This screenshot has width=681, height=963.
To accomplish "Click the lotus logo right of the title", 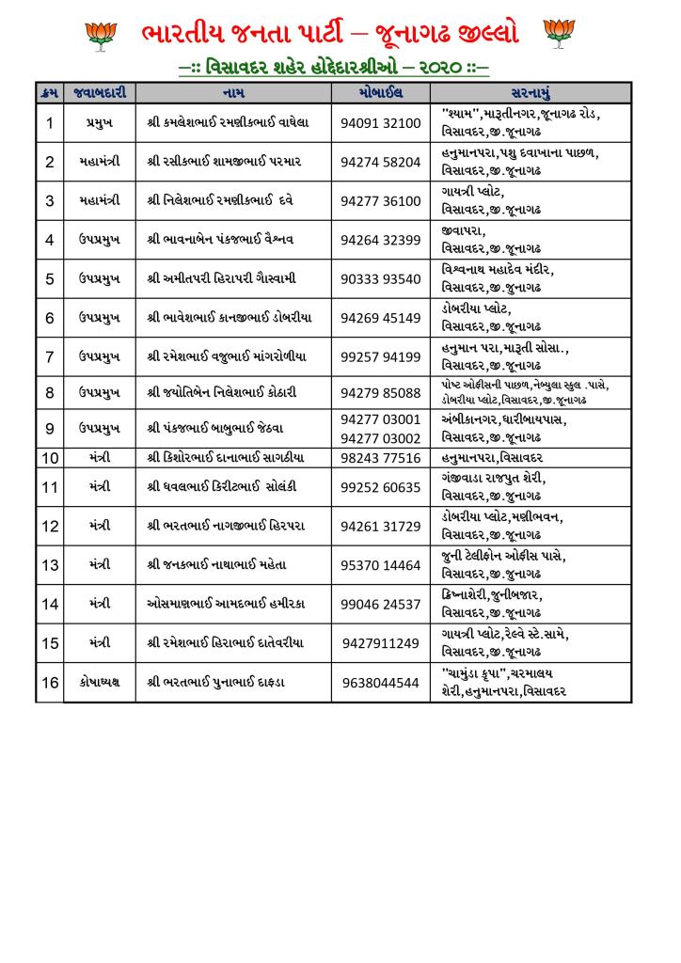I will coord(559,34).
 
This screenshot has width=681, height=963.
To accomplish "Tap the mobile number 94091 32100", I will coord(380,123).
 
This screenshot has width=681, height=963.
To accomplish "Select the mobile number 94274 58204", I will coord(380,162).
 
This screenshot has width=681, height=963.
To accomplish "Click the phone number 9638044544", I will coord(380,683).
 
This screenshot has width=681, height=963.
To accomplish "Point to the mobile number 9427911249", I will coord(380,643).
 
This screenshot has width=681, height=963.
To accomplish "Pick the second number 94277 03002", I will coord(380,437).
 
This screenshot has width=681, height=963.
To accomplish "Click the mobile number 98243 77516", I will coord(380,458).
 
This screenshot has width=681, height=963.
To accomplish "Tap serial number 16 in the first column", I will coord(50,683).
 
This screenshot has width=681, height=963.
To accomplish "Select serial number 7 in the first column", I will coord(50,356).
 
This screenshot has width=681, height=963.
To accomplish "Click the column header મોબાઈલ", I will coord(380,93).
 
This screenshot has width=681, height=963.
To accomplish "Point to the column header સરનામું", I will coord(531,93).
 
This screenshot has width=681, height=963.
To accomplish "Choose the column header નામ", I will coord(234,93).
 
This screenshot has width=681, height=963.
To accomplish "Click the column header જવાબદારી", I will coord(99,93).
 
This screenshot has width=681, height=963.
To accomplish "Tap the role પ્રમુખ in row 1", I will coord(99,123).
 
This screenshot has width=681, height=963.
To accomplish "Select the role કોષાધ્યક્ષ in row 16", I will coord(99,683).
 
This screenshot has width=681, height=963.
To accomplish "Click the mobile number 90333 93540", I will coord(380,279).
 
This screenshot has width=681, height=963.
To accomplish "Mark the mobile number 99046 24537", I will coord(380,604).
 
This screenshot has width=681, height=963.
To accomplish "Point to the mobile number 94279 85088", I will coord(380,393).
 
